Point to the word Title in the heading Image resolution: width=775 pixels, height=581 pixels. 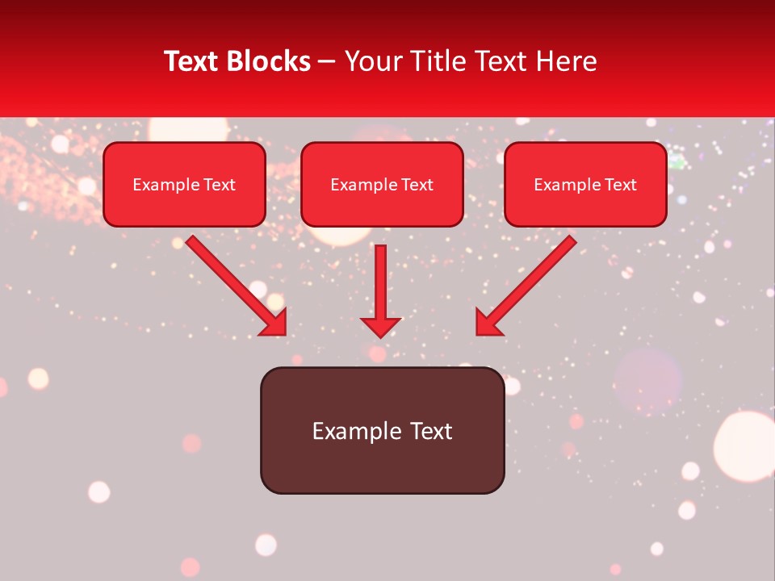pyautogui.click(x=441, y=61)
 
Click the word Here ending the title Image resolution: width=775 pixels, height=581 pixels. pyautogui.click(x=563, y=61)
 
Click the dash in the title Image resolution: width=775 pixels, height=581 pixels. pyautogui.click(x=327, y=62)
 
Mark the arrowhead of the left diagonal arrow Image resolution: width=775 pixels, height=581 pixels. pyautogui.click(x=274, y=324)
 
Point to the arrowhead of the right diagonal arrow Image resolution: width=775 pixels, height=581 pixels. pyautogui.click(x=487, y=324)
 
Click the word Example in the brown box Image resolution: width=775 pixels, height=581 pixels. pyautogui.click(x=357, y=431)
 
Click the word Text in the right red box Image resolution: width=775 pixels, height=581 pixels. pyautogui.click(x=621, y=185)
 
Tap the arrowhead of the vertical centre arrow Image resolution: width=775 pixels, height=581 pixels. pyautogui.click(x=381, y=327)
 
